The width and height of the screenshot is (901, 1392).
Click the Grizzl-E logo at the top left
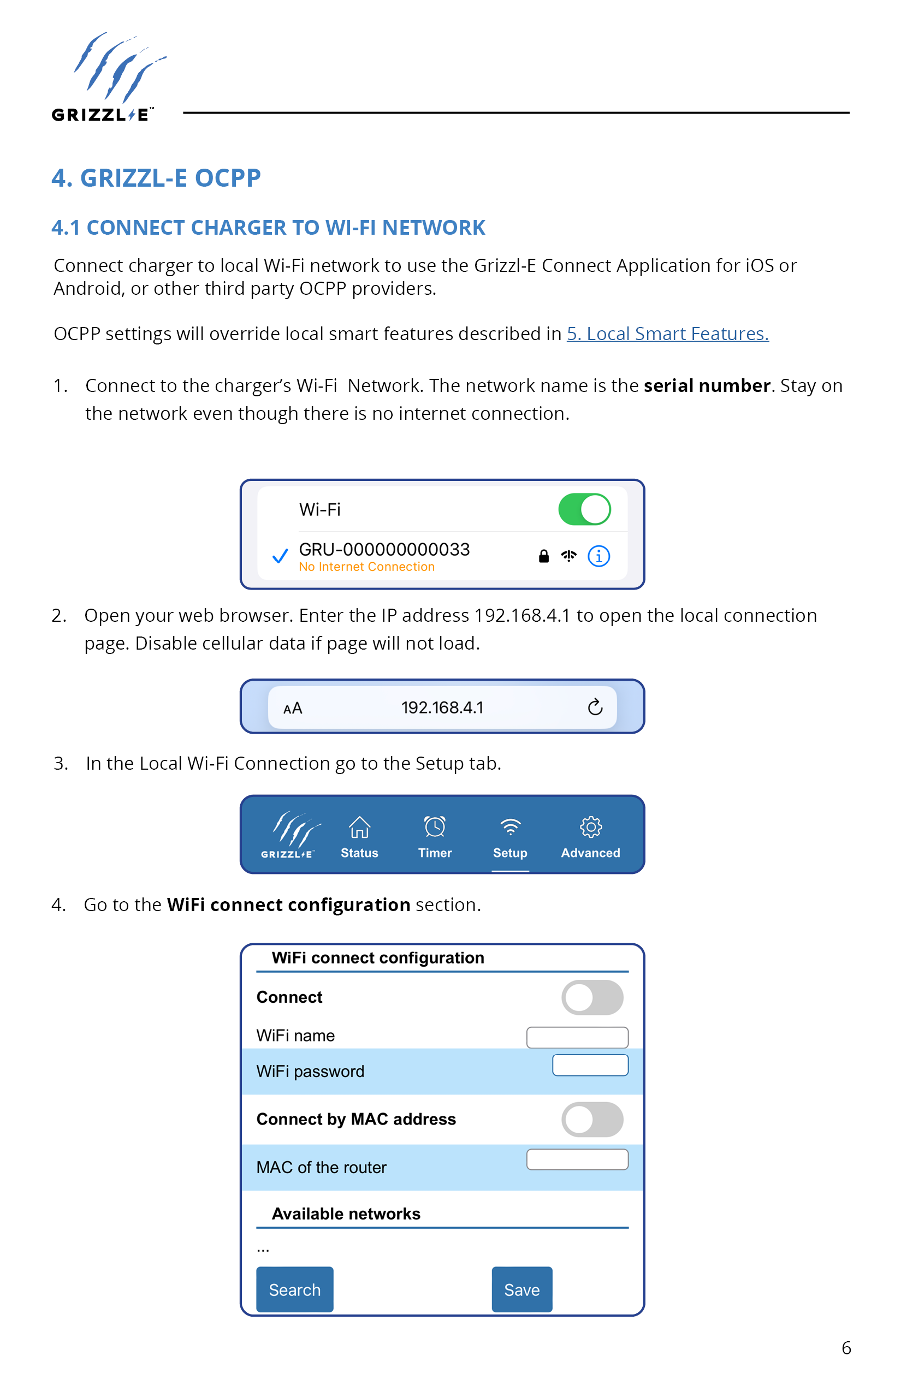click(x=109, y=77)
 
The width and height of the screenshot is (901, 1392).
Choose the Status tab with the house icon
click(x=359, y=837)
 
